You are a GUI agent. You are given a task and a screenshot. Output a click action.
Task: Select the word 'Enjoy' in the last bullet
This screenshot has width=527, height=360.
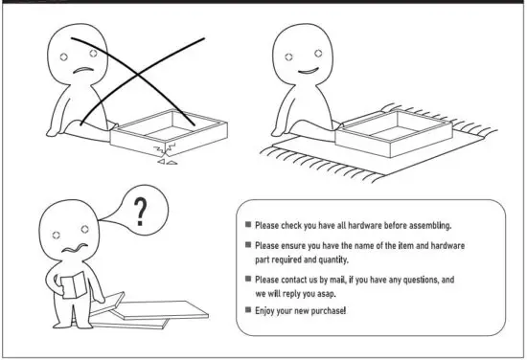(x=267, y=312)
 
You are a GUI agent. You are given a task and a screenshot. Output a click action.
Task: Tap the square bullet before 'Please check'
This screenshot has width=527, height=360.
(x=247, y=225)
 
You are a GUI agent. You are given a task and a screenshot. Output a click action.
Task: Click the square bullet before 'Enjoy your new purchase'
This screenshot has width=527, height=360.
(x=247, y=312)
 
